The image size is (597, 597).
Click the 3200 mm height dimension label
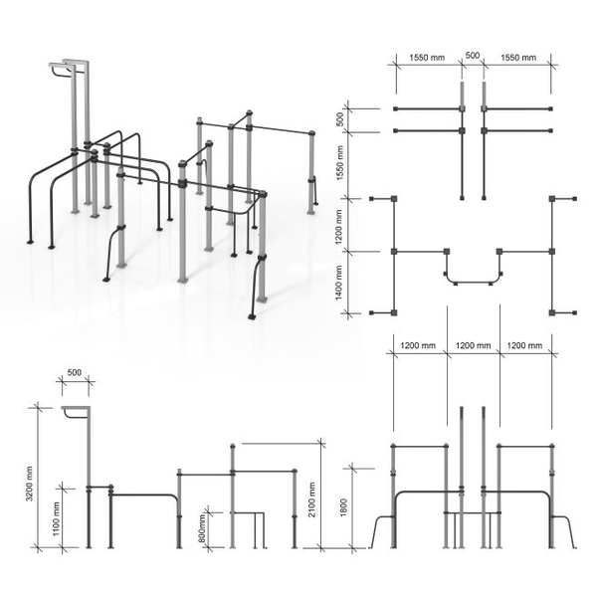point(30,484)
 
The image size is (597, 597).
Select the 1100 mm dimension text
point(57,518)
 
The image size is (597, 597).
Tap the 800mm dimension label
point(202,528)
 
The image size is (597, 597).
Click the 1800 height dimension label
point(343,507)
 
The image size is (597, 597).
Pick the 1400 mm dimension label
point(339,283)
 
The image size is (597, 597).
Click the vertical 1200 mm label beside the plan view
point(339,227)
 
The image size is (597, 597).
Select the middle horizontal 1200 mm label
point(474,345)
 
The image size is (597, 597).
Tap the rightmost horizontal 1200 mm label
point(524,345)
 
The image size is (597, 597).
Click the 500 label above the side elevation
point(75,372)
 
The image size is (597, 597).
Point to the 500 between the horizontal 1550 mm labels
point(473,55)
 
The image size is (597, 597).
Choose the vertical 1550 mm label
point(340,162)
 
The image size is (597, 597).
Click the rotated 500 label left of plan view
point(340,119)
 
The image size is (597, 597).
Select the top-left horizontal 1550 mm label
point(427,58)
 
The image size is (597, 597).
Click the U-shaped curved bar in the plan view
point(474,283)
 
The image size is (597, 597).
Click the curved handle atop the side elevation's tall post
point(72,415)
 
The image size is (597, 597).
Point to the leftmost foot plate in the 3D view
point(30,242)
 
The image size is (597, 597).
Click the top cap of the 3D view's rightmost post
point(311,133)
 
